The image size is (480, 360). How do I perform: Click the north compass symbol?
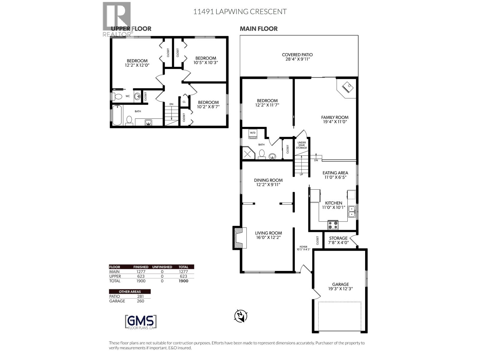[241, 316]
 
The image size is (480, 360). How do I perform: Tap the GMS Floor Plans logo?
[141, 322]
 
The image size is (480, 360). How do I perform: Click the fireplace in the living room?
[240, 238]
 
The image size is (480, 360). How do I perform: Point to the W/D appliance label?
[253, 133]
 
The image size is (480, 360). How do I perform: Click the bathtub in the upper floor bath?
[117, 115]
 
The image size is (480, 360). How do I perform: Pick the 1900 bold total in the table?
[183, 281]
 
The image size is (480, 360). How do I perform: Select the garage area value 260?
[140, 301]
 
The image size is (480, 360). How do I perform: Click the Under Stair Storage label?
[301, 145]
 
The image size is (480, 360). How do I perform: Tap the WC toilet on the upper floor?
[118, 97]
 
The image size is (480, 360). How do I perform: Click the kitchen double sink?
[352, 211]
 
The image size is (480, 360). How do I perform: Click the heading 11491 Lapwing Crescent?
[240, 12]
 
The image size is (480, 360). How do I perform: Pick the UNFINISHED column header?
[162, 267]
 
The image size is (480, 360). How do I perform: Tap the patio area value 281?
[140, 296]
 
